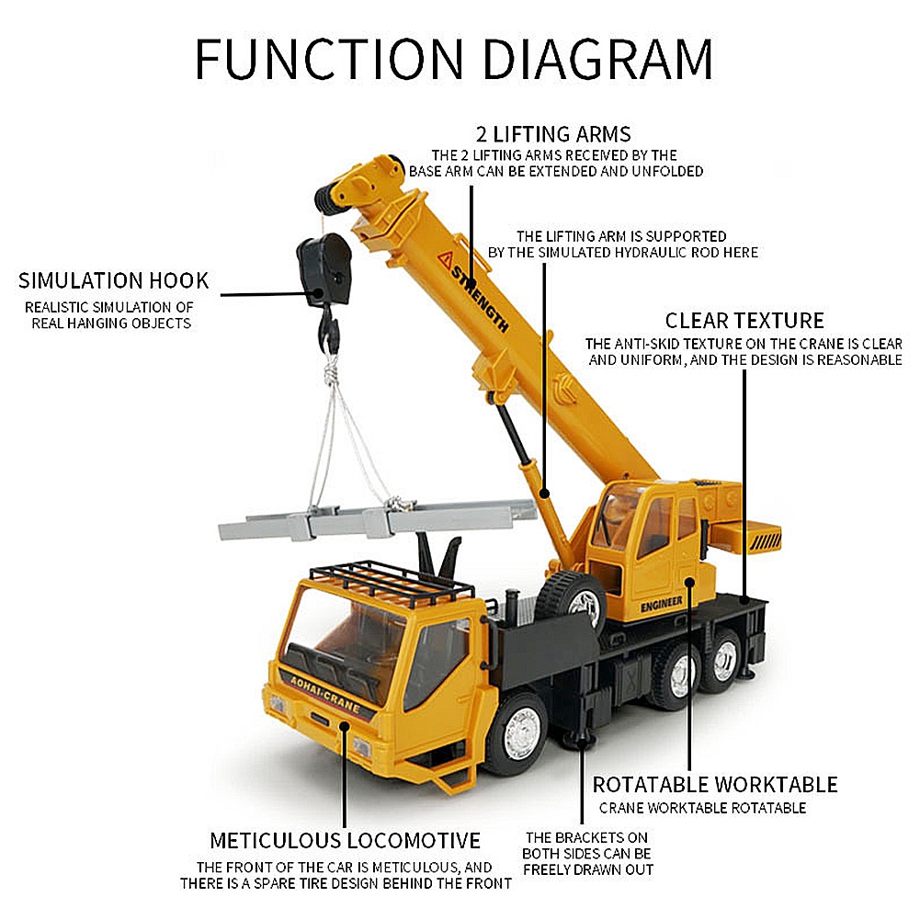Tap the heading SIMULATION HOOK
pos(113,280)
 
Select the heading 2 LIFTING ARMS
pos(553,134)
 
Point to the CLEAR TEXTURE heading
pos(744,321)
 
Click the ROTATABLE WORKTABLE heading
pos(715,785)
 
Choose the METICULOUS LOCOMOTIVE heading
pos(345,840)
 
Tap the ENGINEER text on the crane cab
pos(661,605)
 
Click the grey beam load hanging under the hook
pos(377,519)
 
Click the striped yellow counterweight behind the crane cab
pos(746,536)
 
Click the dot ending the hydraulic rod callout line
pos(544,493)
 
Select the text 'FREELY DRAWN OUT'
pos(588,869)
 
